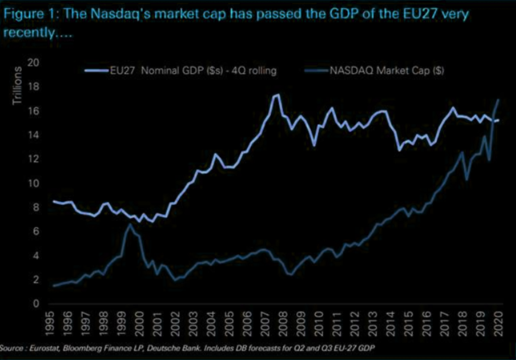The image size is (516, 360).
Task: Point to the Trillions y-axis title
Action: tap(17, 86)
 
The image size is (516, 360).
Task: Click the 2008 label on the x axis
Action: tap(282, 321)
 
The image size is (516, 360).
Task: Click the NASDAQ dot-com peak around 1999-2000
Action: tap(129, 224)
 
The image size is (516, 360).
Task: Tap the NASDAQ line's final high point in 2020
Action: tap(498, 100)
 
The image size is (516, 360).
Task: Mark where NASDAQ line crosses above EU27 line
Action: tap(492, 121)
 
